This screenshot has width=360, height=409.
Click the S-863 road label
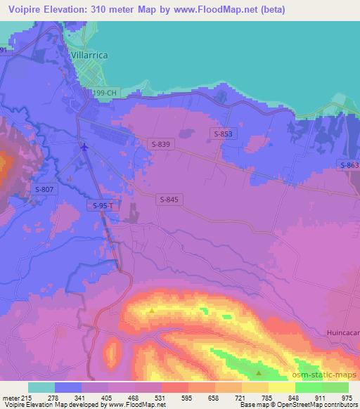[349, 165]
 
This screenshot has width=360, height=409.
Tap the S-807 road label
[43, 189]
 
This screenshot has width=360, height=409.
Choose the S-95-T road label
[103, 205]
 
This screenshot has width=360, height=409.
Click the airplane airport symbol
[85, 147]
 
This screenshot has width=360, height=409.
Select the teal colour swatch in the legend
[41, 387]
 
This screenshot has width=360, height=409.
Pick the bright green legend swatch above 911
[309, 387]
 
